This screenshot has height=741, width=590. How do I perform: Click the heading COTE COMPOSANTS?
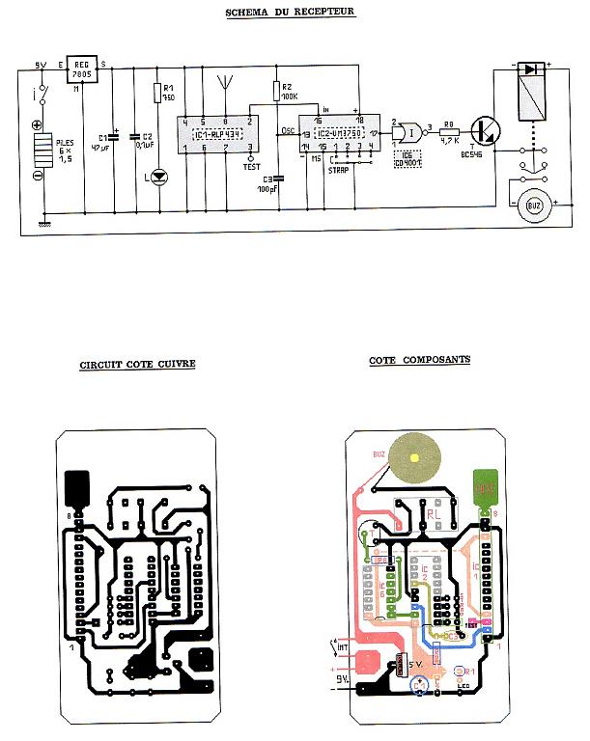(x=419, y=360)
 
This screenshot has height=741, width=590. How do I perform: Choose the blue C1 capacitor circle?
(x=419, y=686)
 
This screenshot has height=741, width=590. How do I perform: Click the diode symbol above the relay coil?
(x=529, y=69)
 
